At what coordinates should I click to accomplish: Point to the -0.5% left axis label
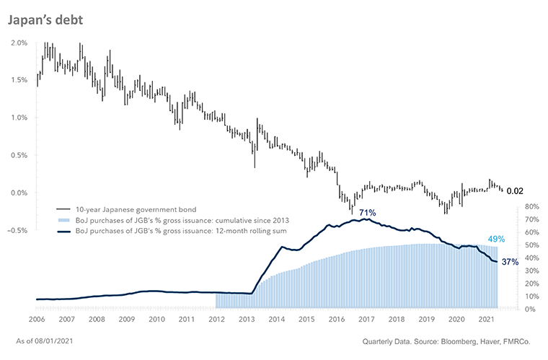click(18, 230)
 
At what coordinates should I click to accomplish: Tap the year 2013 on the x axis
click(246, 318)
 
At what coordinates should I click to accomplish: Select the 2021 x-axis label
click(487, 318)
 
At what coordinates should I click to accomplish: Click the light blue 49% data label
click(497, 240)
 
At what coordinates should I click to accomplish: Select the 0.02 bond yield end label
click(515, 191)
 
